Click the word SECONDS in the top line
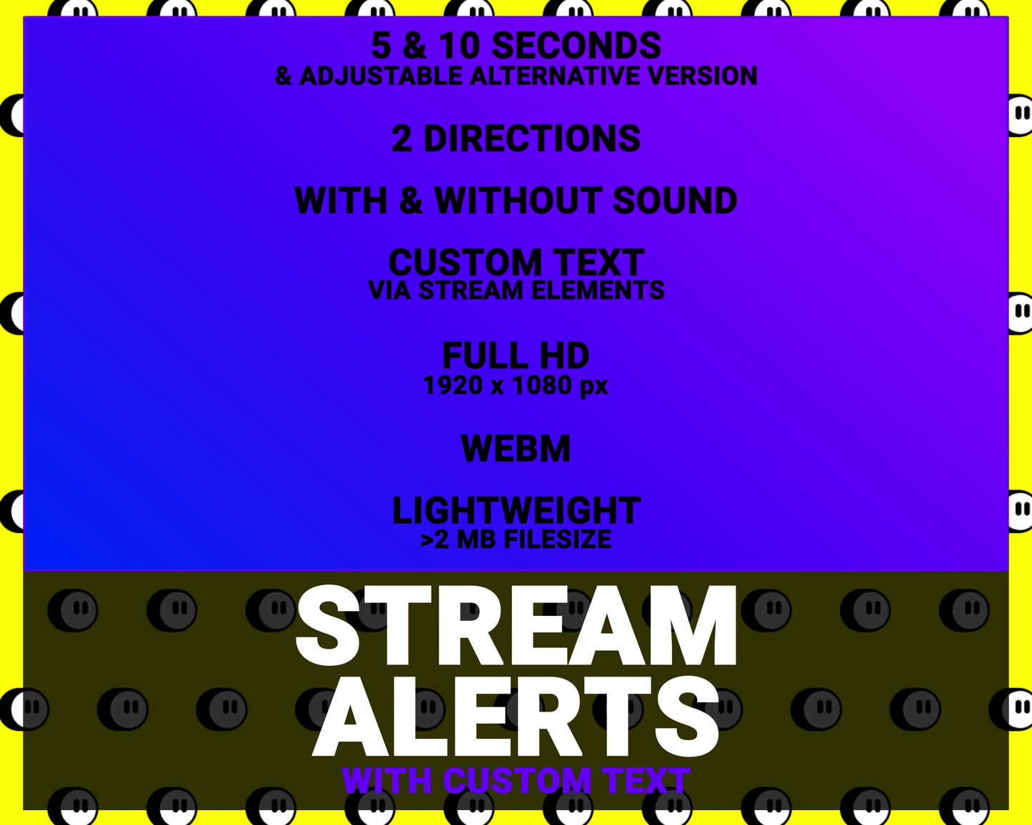[x=576, y=46]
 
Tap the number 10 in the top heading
[x=459, y=46]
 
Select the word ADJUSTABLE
[x=381, y=76]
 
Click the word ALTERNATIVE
[x=554, y=76]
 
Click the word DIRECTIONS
[x=532, y=138]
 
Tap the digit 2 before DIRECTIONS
[x=402, y=138]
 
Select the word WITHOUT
[x=518, y=201]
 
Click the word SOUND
[x=675, y=201]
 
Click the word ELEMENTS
[x=598, y=290]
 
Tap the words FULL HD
[x=516, y=355]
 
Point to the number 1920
[x=454, y=385]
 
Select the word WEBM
[x=516, y=449]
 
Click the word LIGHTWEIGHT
[x=516, y=511]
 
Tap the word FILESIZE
[x=557, y=540]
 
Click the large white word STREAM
[x=516, y=626]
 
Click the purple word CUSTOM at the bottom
[x=517, y=781]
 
